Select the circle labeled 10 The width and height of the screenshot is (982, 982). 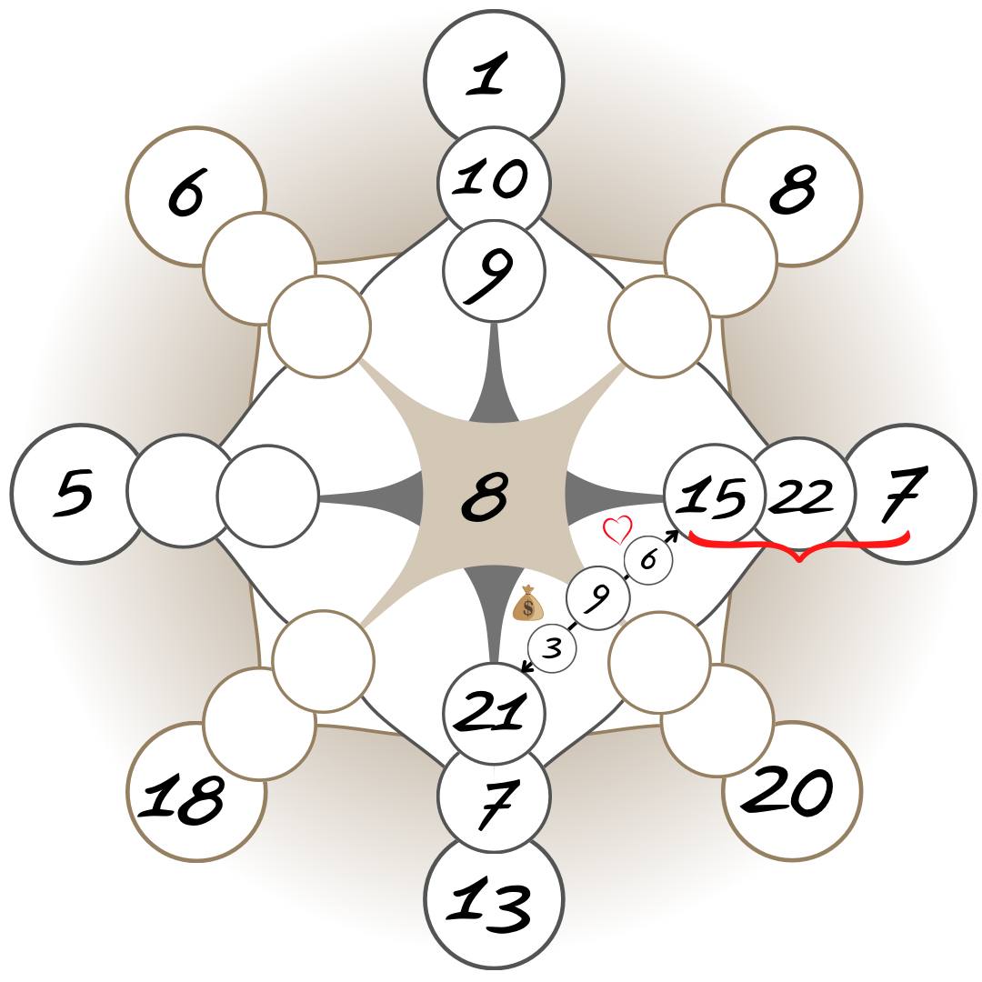494,179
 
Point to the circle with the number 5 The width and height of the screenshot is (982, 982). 73,493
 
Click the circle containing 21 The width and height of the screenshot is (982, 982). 493,712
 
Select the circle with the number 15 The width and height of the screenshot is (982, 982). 712,496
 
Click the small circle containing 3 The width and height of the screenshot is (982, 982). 553,649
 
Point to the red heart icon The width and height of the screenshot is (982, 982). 618,528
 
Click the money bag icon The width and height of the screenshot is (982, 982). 527,604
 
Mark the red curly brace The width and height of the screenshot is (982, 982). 799,546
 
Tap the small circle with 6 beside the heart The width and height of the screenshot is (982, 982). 648,560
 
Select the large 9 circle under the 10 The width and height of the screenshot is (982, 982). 494,271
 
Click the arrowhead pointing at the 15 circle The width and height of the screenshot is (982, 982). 673,535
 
